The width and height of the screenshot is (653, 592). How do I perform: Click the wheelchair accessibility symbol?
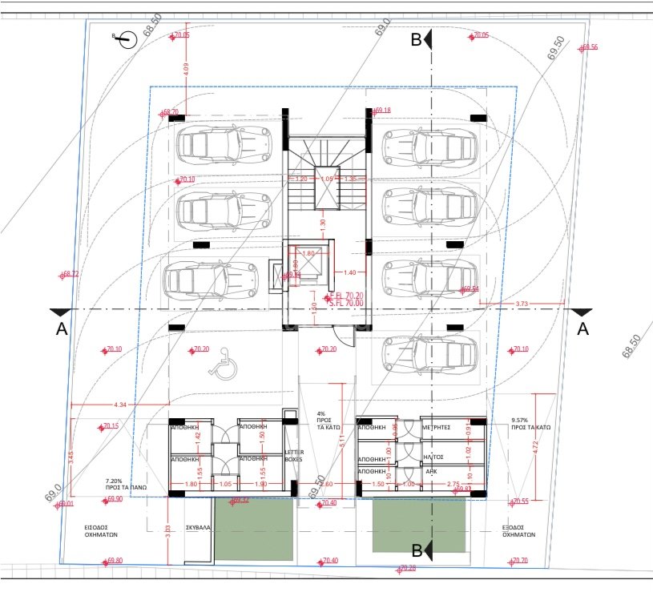point(218,367)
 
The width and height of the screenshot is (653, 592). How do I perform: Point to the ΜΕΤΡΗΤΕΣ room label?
point(436,428)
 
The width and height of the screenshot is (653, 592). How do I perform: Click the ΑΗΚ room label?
point(432,472)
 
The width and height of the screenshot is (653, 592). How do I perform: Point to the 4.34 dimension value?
point(122,403)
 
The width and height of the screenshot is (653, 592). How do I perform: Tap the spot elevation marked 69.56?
point(589,47)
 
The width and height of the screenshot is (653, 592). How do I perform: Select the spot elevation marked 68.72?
point(71,274)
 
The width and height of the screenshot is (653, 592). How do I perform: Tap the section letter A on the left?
point(60,328)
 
